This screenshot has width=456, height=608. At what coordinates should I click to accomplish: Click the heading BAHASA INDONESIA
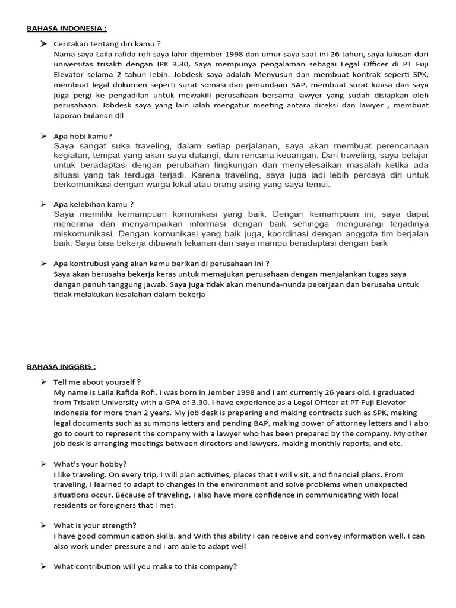pyautogui.click(x=66, y=28)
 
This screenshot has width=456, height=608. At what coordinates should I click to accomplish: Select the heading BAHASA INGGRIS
pyautogui.click(x=61, y=366)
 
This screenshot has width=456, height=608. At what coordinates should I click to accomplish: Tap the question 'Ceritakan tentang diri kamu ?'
pyautogui.click(x=107, y=44)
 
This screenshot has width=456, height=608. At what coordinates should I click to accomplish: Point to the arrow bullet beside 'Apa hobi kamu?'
pyautogui.click(x=43, y=136)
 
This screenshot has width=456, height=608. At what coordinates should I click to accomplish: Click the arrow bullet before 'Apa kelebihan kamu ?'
pyautogui.click(x=43, y=204)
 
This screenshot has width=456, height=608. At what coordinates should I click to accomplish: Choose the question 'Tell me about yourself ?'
pyautogui.click(x=97, y=382)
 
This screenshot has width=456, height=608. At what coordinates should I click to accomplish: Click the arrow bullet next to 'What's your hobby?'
pyautogui.click(x=43, y=464)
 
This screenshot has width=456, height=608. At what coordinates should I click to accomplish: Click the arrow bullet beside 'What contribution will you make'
pyautogui.click(x=43, y=566)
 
